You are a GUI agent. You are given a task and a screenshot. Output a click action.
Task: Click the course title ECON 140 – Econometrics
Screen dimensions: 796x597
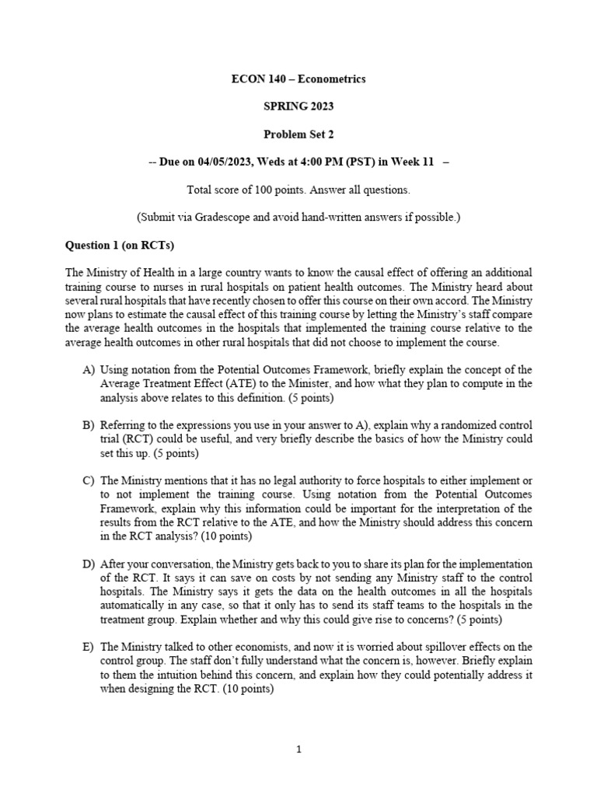298,79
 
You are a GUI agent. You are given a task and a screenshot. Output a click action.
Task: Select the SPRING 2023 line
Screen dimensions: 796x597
298,106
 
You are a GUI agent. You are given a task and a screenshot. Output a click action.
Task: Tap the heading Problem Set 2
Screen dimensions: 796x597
298,134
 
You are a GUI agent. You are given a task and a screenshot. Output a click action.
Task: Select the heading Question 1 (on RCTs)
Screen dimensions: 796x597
120,245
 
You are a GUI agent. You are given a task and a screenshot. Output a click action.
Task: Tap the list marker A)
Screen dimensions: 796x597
89,370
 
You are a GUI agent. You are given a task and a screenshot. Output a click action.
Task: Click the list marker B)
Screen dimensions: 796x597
89,425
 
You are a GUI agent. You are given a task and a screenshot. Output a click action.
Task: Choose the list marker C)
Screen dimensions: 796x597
89,480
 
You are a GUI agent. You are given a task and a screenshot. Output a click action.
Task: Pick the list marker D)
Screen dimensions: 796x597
89,564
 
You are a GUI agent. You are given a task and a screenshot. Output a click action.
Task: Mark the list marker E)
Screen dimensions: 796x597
89,647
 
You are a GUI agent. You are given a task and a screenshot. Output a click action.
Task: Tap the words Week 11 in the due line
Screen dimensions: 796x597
414,162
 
